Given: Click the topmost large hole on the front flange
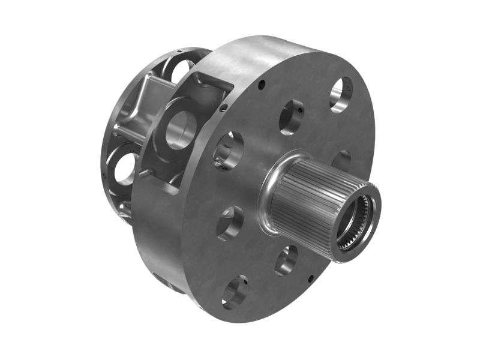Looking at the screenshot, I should pyautogui.click(x=341, y=94).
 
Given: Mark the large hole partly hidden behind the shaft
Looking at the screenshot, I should pyautogui.click(x=342, y=160).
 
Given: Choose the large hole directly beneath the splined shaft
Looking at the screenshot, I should pyautogui.click(x=287, y=260).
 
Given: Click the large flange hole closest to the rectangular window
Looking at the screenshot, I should pyautogui.click(x=228, y=150).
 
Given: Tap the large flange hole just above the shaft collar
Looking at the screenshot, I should pyautogui.click(x=291, y=116).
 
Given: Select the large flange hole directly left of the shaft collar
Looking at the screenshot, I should pyautogui.click(x=230, y=223).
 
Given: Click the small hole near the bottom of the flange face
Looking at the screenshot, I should pyautogui.click(x=310, y=278).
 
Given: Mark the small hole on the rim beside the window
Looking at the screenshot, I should pyautogui.click(x=224, y=108).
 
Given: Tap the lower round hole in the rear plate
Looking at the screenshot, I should pyautogui.click(x=125, y=169).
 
